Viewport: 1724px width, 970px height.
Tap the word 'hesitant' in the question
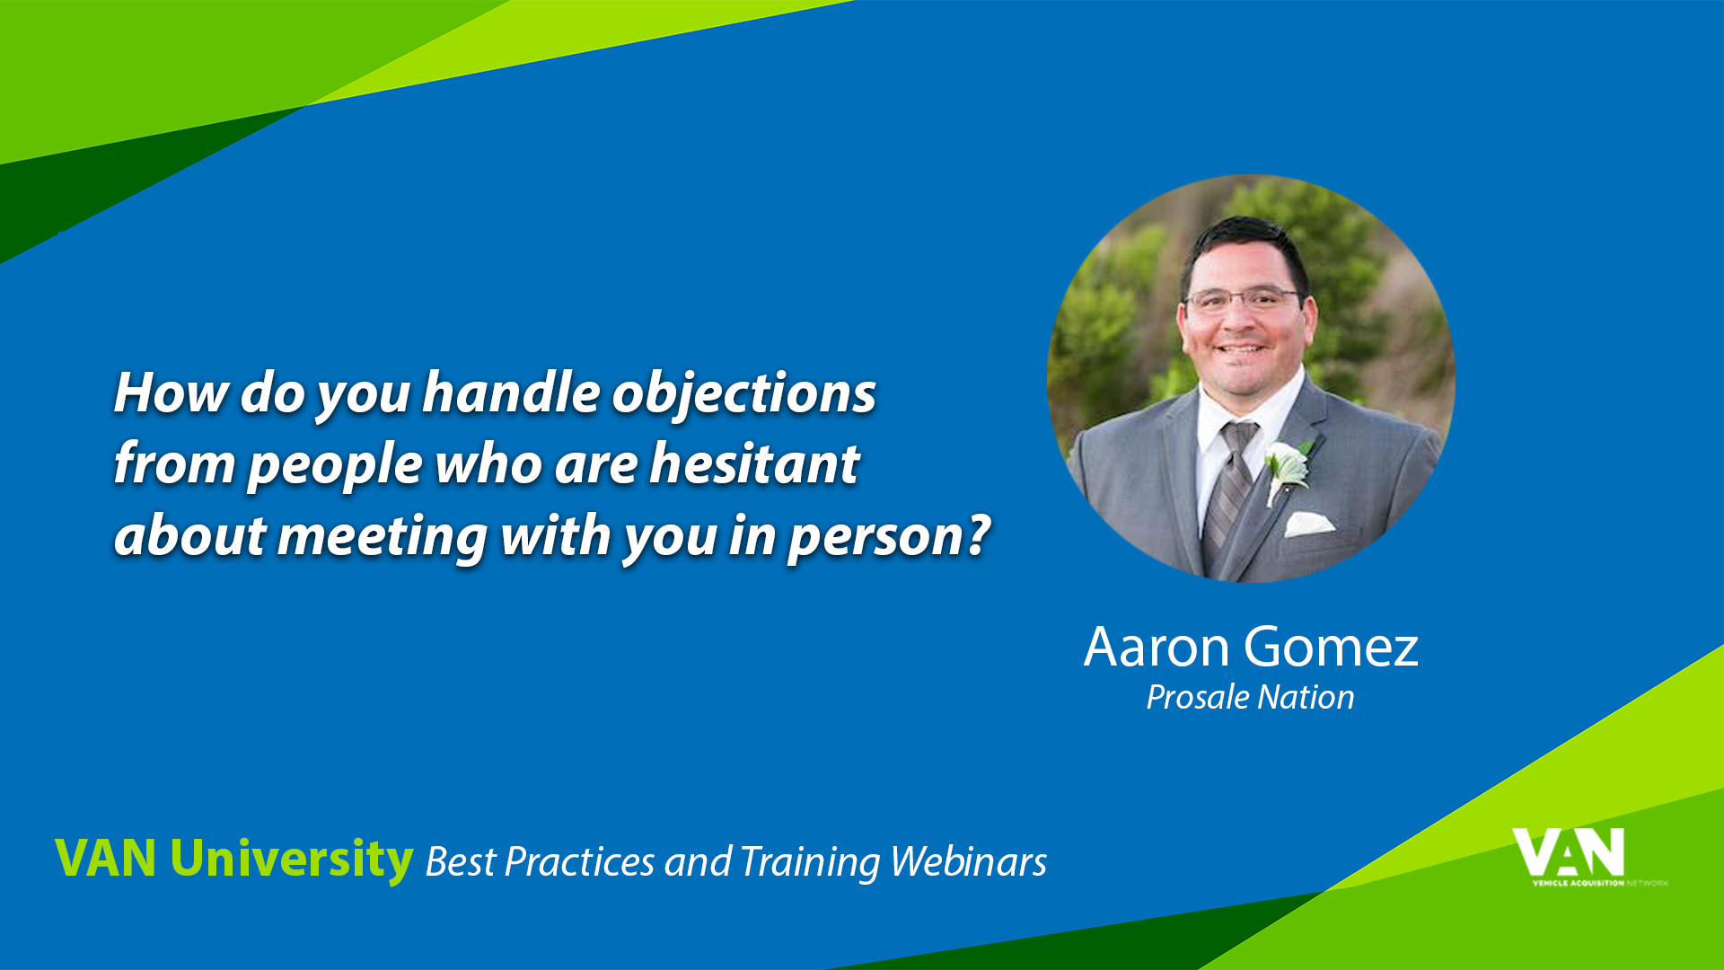tap(754, 463)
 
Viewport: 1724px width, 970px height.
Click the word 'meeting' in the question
tap(383, 537)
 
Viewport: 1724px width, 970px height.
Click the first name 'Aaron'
tap(1157, 647)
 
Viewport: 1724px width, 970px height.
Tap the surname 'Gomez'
tap(1332, 648)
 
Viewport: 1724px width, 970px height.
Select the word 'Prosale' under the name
tap(1198, 697)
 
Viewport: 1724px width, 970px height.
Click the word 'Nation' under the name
tap(1306, 697)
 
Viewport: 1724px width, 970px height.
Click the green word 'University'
tap(292, 859)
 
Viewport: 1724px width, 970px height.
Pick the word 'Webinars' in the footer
tap(969, 861)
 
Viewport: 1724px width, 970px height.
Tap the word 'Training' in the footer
tap(810, 863)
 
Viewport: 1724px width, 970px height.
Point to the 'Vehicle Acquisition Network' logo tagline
tap(1600, 883)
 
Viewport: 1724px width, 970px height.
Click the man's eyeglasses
tap(1244, 299)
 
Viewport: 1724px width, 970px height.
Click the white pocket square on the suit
tap(1308, 524)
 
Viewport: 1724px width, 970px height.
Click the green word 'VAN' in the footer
tap(106, 858)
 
